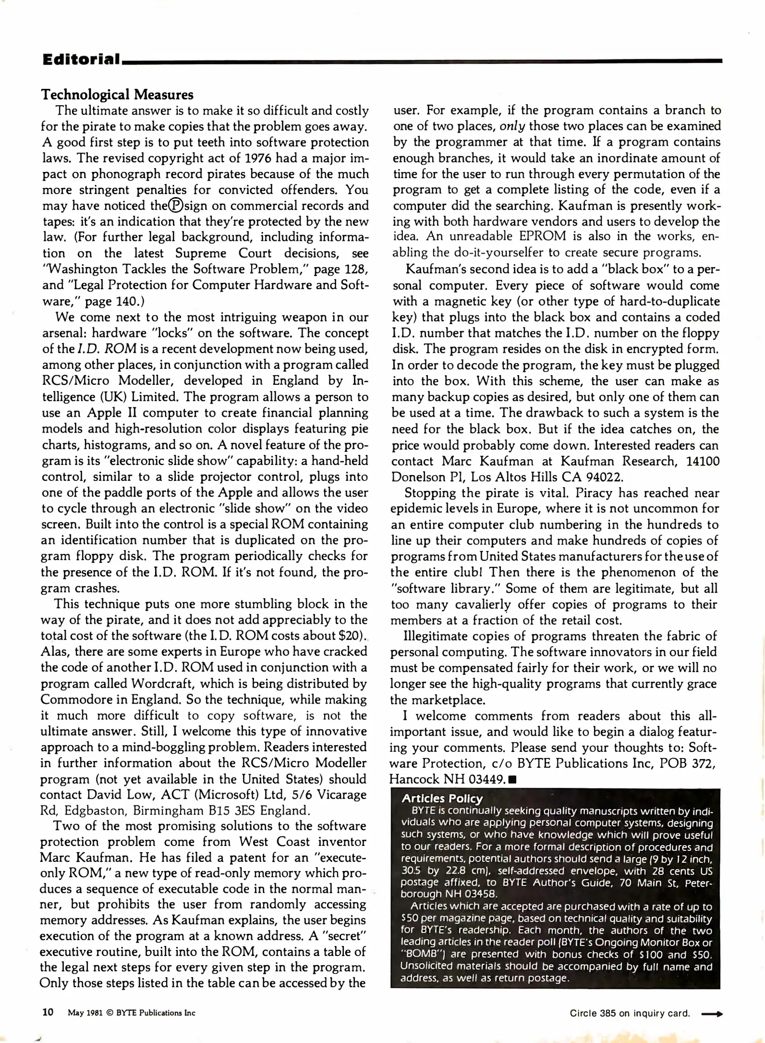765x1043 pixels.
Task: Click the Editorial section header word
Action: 81,59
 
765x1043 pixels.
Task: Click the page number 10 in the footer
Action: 48,1012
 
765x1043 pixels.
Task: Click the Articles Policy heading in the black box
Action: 442,799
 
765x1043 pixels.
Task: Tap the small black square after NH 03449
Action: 513,779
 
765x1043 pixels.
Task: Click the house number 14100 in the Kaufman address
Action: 702,461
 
